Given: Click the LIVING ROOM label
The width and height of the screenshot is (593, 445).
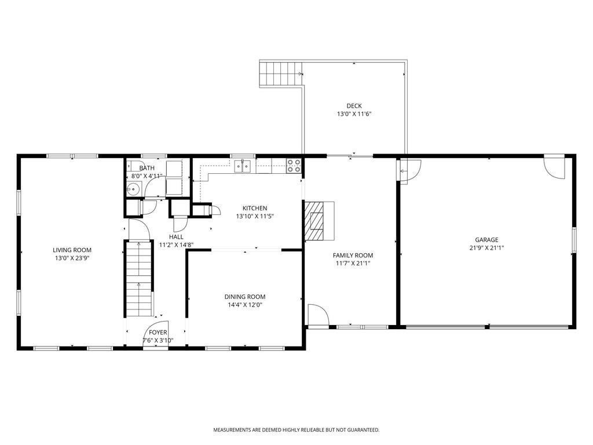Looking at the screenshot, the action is click(x=72, y=250).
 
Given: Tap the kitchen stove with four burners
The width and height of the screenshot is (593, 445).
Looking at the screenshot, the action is click(x=294, y=166).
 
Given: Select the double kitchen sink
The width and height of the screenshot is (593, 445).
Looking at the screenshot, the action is click(x=243, y=166).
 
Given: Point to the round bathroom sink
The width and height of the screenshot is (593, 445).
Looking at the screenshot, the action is click(x=134, y=188).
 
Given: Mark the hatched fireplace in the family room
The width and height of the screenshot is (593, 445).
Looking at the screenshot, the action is click(x=314, y=221).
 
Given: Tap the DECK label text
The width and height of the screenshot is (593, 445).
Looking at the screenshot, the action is click(x=354, y=106).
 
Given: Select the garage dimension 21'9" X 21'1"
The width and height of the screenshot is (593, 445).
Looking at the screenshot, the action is click(x=486, y=248).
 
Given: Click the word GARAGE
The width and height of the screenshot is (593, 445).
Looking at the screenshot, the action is click(x=486, y=239).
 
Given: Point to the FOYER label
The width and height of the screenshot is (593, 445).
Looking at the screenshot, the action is click(x=158, y=332).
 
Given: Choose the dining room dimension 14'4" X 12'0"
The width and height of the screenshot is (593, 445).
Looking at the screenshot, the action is click(x=245, y=305).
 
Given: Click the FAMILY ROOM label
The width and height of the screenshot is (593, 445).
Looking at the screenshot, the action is click(x=353, y=256).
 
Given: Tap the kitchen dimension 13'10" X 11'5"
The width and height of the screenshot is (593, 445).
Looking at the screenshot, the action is click(x=255, y=217).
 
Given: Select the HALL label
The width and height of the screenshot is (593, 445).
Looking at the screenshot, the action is click(x=176, y=237).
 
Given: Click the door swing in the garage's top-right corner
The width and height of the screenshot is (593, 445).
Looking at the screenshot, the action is click(x=554, y=166).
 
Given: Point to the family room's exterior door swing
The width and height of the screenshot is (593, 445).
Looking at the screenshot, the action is click(x=319, y=315).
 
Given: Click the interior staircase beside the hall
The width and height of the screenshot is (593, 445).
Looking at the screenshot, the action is click(x=139, y=279).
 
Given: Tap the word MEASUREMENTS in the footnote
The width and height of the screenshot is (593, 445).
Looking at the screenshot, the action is click(x=232, y=430).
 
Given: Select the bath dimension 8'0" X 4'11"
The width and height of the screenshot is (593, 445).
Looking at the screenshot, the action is click(x=147, y=176).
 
